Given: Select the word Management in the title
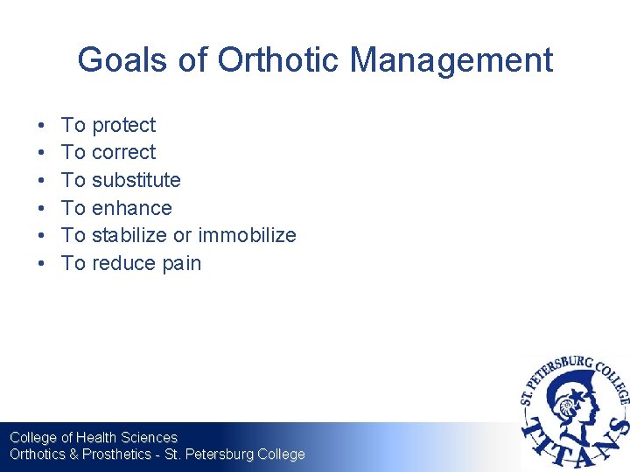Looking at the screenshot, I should (451, 60).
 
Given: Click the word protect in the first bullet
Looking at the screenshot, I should (123, 125).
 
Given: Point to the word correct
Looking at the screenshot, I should (123, 152).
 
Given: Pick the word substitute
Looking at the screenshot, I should (136, 180).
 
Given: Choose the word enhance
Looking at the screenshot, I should (131, 208).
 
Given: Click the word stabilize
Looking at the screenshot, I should (129, 235).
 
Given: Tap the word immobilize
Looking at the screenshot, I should (247, 235).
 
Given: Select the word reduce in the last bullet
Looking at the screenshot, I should (122, 263).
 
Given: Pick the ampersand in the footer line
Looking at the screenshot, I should (73, 455).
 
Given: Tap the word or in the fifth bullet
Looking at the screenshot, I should (182, 235).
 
